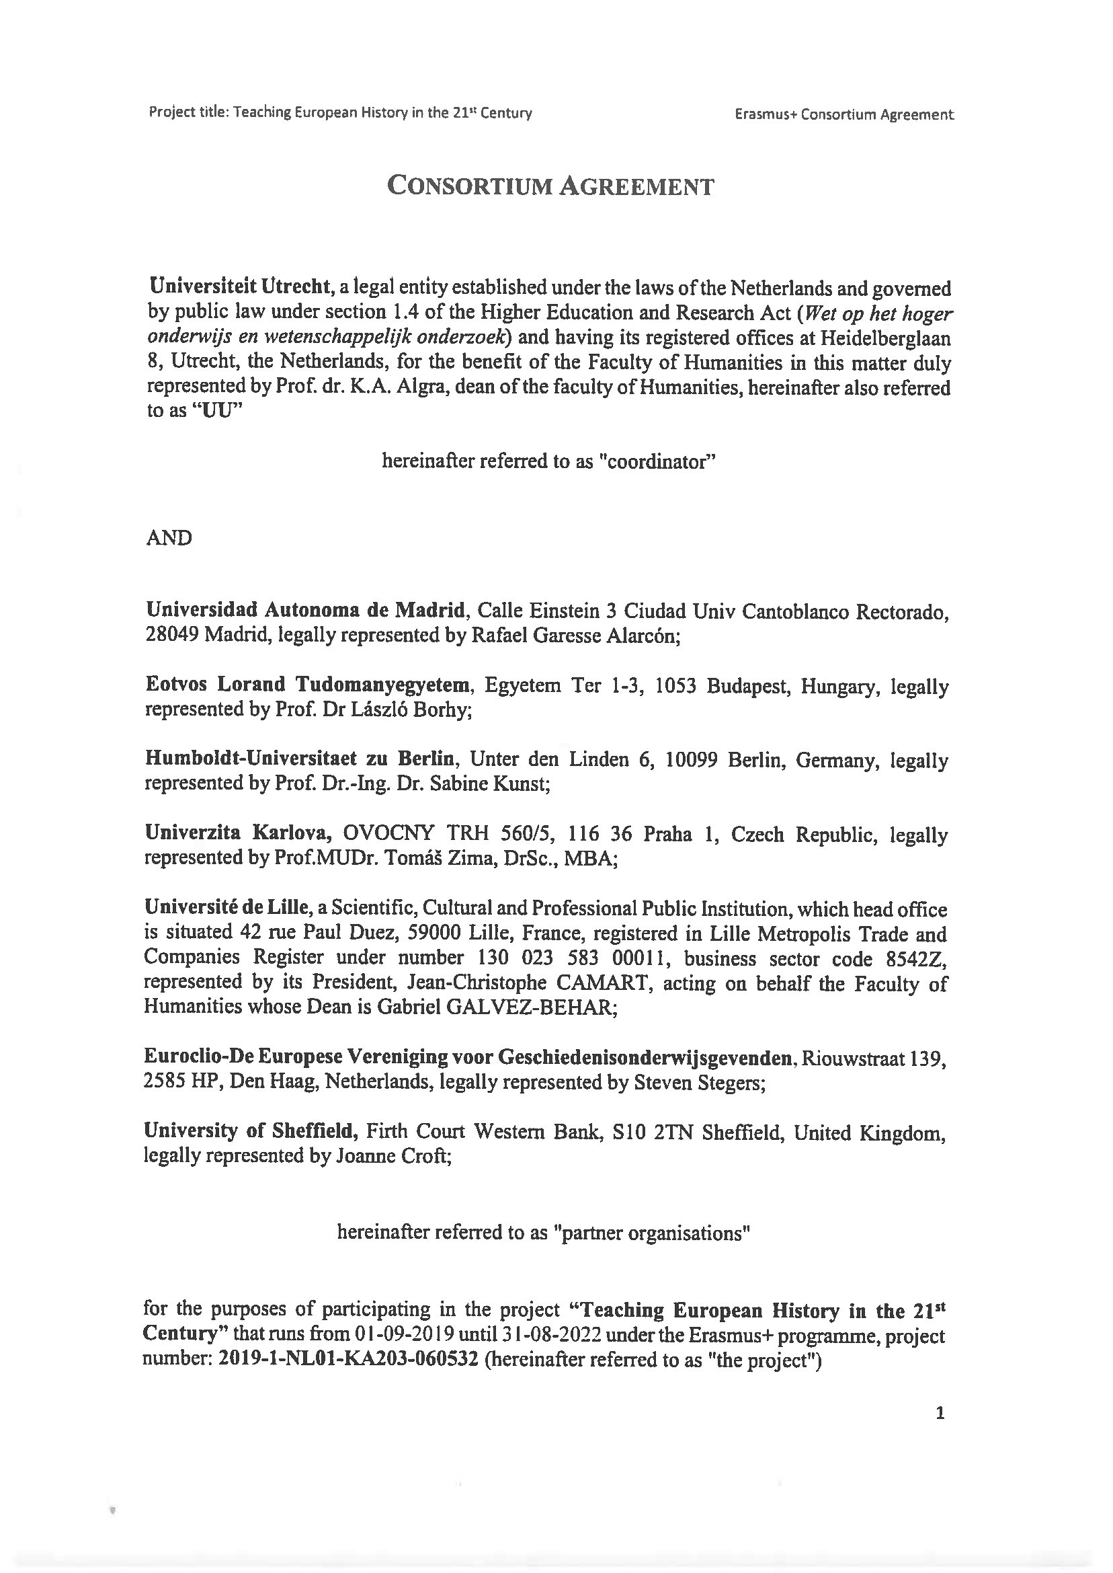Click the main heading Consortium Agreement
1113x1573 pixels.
pos(550,186)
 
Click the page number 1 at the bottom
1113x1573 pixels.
pos(940,1412)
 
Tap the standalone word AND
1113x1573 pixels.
pos(169,537)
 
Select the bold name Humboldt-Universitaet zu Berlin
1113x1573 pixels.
pos(300,759)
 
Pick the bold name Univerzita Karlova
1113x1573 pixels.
pos(239,834)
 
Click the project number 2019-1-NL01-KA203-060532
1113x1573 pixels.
pos(347,1360)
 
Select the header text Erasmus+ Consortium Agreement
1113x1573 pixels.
pos(843,114)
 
